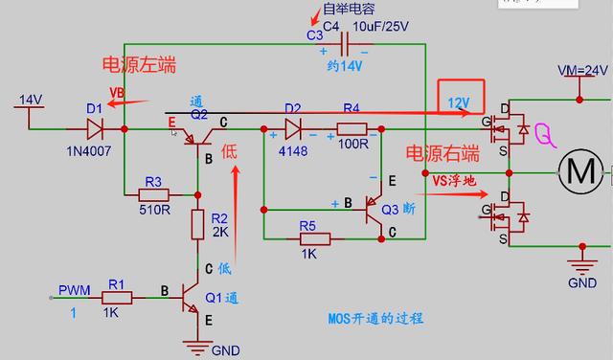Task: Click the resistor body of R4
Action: click(x=352, y=128)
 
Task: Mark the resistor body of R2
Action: click(x=198, y=226)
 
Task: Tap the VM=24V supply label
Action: click(x=583, y=72)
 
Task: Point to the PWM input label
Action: click(x=73, y=288)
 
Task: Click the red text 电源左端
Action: click(x=140, y=65)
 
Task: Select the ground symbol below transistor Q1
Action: click(x=198, y=343)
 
